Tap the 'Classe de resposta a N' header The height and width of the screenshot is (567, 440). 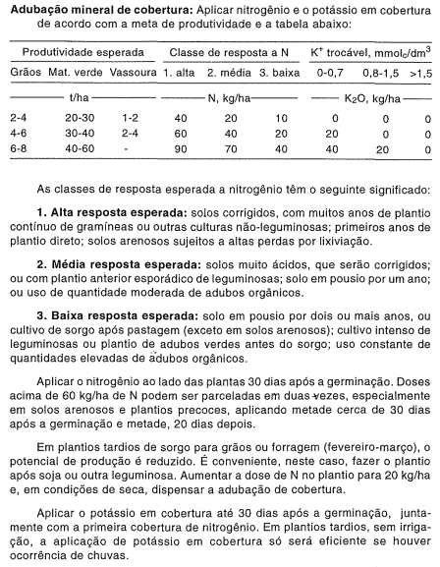(x=225, y=50)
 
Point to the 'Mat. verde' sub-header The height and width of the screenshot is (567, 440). (x=75, y=72)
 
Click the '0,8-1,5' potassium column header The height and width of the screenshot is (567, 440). (x=379, y=72)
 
